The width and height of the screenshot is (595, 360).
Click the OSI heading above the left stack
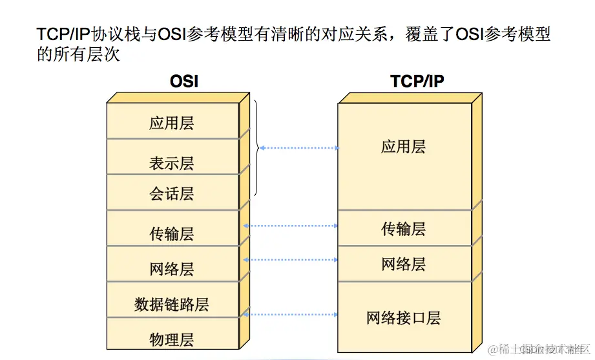pos(183,81)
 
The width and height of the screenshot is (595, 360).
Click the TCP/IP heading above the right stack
pos(417,81)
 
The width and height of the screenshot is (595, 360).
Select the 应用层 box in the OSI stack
pos(172,123)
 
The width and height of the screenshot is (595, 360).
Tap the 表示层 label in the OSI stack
pos(172,163)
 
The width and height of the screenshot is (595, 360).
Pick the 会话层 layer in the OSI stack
pos(172,193)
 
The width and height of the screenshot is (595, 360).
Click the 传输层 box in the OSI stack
pos(172,233)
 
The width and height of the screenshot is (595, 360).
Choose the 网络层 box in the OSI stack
pos(172,268)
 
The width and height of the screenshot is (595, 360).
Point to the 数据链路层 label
pos(172,304)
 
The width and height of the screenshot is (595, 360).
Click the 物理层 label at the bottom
pos(172,339)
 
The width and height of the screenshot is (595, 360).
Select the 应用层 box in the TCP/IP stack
pos(403,147)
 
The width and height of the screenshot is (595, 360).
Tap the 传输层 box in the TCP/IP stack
pos(403,228)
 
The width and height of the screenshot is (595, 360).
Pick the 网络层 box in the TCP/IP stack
pos(403,264)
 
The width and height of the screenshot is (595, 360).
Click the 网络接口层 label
pos(403,317)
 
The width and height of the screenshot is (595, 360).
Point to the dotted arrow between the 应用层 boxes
pos(299,148)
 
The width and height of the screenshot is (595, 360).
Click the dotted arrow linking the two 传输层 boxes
pos(291,226)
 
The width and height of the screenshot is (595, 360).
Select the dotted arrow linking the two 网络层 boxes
pos(291,260)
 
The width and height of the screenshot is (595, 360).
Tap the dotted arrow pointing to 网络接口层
pos(291,315)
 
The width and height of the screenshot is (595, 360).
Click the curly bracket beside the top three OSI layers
pos(256,147)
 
